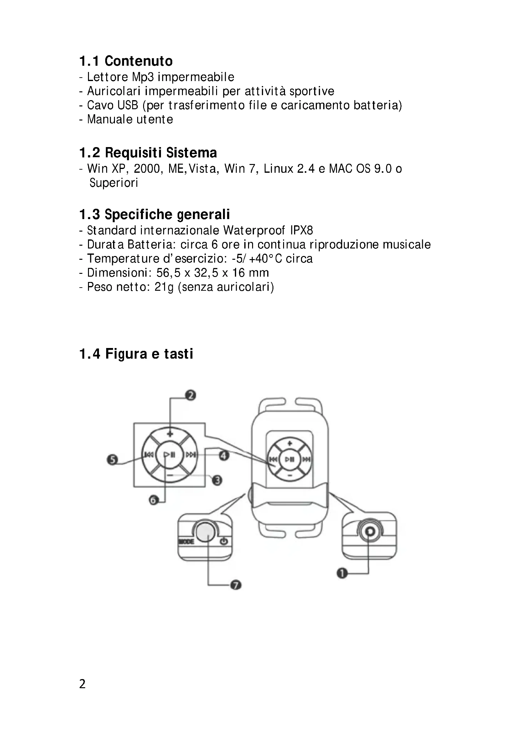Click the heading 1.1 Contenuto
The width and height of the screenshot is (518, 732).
point(126,61)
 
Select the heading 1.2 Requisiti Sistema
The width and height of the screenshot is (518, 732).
point(148,153)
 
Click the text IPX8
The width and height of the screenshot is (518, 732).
point(301,230)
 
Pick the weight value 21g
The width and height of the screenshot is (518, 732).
point(164,287)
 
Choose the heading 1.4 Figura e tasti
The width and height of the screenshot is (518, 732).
point(136,354)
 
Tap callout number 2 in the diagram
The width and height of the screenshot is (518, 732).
point(190,396)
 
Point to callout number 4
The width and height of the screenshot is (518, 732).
point(224,456)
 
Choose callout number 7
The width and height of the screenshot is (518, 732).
point(236,585)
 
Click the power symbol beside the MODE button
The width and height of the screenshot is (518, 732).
point(224,541)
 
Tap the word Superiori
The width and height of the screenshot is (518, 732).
point(114,183)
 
